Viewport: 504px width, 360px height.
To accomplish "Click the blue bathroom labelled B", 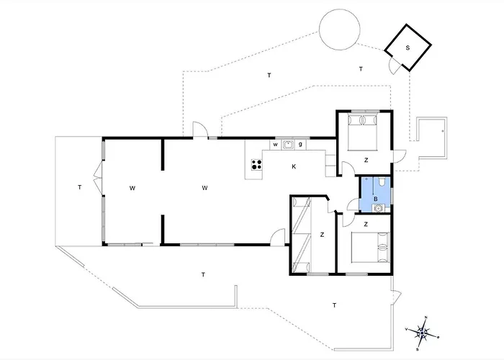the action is pos(375,194).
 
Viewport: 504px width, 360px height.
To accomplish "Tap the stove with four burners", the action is pos(256,165).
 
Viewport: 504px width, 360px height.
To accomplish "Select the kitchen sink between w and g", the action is pos(288,145).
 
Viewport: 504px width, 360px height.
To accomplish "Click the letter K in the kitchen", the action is pos(294,166).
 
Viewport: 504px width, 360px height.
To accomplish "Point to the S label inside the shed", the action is pos(408,48).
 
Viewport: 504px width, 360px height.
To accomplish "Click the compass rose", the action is pos(423,333).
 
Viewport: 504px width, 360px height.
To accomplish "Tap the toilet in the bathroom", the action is pos(382,181).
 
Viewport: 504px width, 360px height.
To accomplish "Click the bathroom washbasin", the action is pos(379,208).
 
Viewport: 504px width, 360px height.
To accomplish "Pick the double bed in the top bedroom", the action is pos(363,131).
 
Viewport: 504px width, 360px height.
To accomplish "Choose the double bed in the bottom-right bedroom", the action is pos(370,248).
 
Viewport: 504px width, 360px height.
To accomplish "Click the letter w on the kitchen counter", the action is pos(276,145).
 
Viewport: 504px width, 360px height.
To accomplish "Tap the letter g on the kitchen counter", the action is pos(300,144).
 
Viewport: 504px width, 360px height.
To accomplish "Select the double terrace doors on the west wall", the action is pos(98,177).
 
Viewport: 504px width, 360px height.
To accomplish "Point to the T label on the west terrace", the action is pos(80,187).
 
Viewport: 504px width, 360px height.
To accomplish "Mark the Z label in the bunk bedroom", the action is pos(322,235).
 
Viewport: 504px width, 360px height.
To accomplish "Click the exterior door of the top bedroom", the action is pos(399,156).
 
